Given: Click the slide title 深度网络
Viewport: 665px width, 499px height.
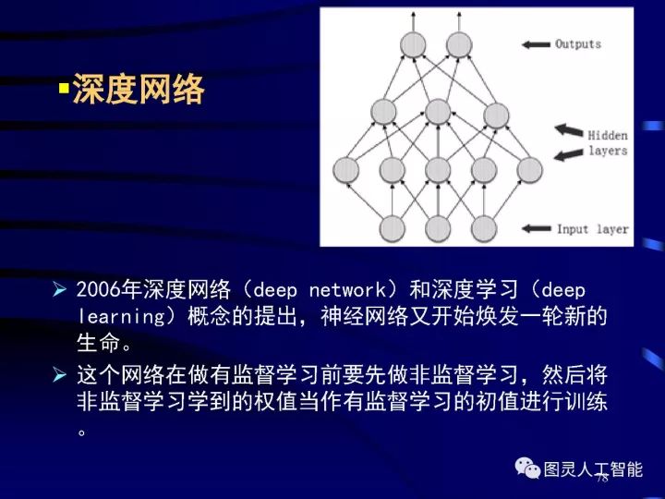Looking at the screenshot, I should tap(138, 91).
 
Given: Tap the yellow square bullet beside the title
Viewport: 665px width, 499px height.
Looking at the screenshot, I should tap(64, 91).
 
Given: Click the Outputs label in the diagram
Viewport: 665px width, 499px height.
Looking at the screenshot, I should tap(577, 43).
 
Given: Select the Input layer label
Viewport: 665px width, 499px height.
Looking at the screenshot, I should tap(592, 228).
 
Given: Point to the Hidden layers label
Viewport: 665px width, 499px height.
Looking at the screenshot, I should tap(607, 142).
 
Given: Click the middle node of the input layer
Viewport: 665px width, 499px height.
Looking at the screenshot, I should tap(438, 227).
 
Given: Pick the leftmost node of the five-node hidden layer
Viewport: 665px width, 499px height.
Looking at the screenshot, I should tap(345, 170).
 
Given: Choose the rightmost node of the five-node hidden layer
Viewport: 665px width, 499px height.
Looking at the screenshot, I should tap(529, 170).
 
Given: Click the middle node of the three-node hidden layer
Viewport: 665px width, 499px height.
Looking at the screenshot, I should tap(439, 112).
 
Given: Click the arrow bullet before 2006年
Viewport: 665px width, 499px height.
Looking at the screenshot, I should tap(60, 290).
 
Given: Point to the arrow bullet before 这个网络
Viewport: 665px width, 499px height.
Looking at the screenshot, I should tap(60, 374).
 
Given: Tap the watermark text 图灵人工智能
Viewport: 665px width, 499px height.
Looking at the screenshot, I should tap(592, 469).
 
